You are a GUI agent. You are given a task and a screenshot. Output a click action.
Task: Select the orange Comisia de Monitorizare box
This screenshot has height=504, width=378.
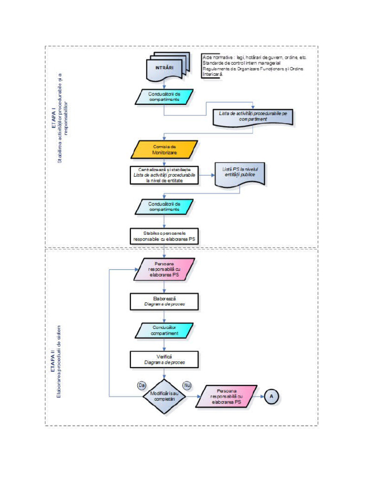[x=164, y=149]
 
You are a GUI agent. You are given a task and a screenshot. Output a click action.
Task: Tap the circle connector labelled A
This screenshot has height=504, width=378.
[x=271, y=396]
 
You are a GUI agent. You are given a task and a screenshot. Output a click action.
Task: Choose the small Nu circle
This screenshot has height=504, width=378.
[x=187, y=384]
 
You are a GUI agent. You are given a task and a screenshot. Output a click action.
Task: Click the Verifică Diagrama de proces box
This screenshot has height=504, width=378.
[x=164, y=359]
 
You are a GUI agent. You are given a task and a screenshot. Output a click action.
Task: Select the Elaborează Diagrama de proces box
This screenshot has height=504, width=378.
[x=164, y=302]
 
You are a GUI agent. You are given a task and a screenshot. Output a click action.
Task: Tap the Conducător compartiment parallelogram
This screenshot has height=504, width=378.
[x=164, y=330]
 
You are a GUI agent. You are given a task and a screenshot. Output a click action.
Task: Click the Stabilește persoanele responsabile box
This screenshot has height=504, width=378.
[x=164, y=236]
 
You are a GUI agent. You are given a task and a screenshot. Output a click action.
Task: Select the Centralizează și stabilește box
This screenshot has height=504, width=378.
[x=164, y=175]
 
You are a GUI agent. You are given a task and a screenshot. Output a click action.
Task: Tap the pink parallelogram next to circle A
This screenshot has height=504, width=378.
[x=226, y=396]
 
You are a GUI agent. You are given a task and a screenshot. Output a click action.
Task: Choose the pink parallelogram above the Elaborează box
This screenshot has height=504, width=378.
[x=164, y=269]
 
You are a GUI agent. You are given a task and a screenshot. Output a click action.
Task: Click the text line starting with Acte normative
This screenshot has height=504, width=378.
[x=254, y=58]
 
